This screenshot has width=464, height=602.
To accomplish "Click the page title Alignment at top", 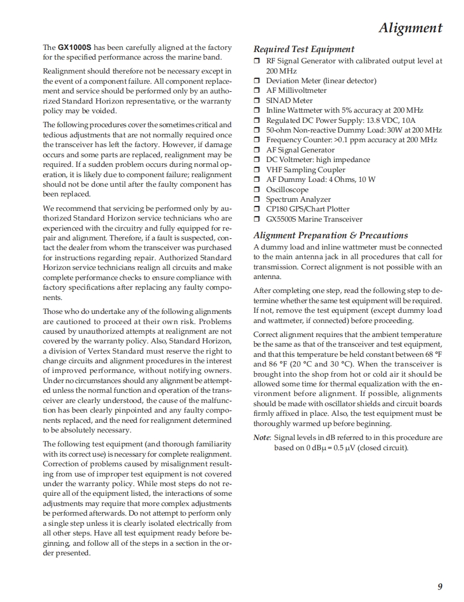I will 410,28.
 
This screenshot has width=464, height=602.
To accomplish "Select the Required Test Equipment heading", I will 304,49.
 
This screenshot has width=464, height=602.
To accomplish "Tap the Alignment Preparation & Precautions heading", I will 330,235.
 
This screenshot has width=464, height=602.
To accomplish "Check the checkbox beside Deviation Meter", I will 257,81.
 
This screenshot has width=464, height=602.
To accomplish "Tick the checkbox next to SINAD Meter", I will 257,101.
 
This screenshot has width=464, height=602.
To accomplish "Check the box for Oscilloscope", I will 257,190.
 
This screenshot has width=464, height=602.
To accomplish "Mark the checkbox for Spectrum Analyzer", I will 257,200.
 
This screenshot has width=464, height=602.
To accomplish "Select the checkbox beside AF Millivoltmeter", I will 257,91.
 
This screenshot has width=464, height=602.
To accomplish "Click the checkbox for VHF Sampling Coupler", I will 257,170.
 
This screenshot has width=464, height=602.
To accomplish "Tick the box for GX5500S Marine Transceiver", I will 257,219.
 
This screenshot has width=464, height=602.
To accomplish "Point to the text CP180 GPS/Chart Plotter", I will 308,209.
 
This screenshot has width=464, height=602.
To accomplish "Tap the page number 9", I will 440,586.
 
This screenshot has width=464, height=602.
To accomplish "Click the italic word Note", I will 261,437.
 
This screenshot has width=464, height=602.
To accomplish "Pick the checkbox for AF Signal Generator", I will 257,150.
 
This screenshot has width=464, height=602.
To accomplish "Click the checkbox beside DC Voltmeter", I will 257,160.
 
